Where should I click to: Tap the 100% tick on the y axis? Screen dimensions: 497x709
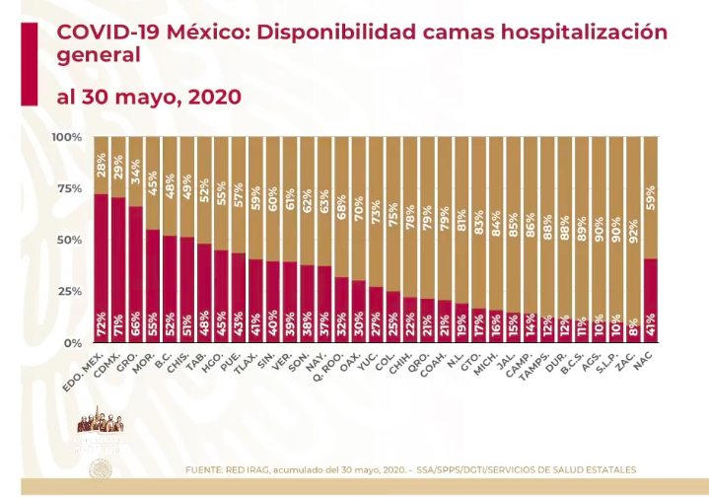tap(68, 136)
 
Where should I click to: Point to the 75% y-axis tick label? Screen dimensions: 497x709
tap(70, 188)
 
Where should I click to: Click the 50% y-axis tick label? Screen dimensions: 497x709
tap(70, 240)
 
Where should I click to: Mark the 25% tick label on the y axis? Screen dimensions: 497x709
tap(70, 291)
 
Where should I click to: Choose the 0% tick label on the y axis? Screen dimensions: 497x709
tap(73, 342)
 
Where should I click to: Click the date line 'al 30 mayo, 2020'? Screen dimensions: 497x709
tap(148, 97)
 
